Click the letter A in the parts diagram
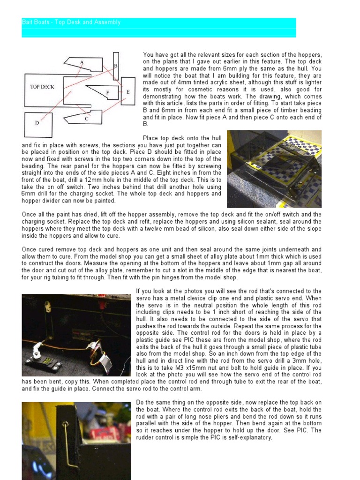[x=82, y=62]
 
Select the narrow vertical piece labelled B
[x=116, y=66]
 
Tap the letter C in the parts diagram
[x=87, y=119]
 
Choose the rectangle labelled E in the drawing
[x=127, y=92]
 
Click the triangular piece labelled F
[x=107, y=93]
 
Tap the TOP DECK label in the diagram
[x=42, y=87]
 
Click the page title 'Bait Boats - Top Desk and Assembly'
[x=71, y=22]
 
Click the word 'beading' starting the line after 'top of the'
[x=32, y=166]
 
